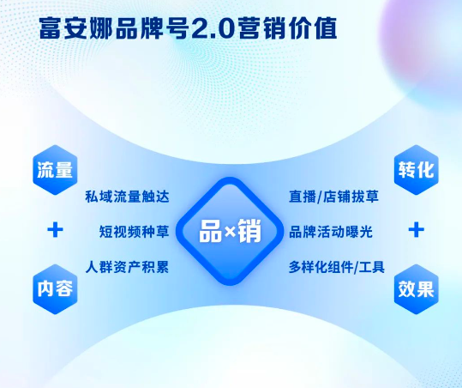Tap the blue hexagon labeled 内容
[x=56, y=289]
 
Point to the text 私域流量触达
[x=127, y=197]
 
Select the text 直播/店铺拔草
[x=332, y=197]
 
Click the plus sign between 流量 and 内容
[x=56, y=229]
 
